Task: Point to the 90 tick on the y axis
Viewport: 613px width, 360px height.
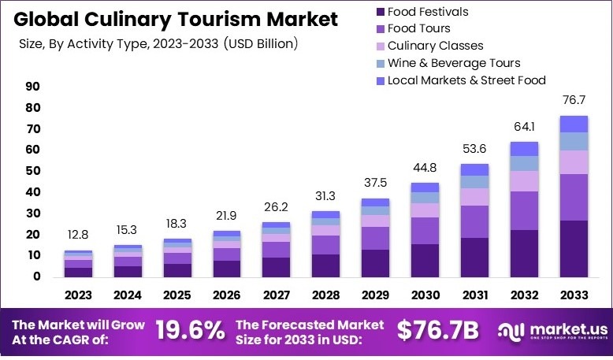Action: pyautogui.click(x=33, y=87)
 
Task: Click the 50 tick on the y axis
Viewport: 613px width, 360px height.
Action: pyautogui.click(x=33, y=171)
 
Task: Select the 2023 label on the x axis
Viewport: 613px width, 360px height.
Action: pyautogui.click(x=78, y=295)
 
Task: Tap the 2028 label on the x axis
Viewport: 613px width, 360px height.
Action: pyautogui.click(x=325, y=295)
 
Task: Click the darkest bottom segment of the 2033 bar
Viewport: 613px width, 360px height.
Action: pyautogui.click(x=574, y=248)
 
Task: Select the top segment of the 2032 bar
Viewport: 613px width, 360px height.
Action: pyautogui.click(x=524, y=149)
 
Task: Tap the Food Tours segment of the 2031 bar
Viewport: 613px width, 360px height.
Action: pyautogui.click(x=474, y=221)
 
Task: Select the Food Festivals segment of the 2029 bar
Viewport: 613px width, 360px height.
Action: pyautogui.click(x=375, y=263)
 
